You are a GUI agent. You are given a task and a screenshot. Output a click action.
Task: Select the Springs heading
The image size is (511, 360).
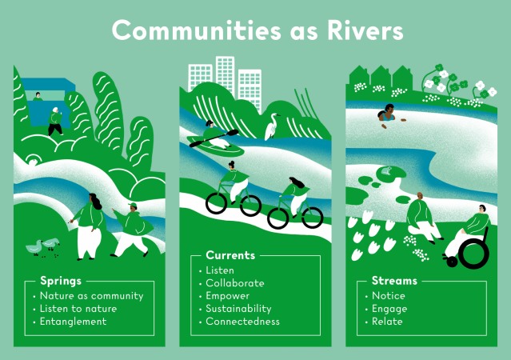point(62,281)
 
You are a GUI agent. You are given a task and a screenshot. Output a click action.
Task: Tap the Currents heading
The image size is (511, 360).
point(230,256)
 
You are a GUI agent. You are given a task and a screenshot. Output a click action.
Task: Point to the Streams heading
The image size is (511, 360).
point(394,281)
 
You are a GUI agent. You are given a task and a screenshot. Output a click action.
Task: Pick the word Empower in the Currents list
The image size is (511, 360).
point(229,295)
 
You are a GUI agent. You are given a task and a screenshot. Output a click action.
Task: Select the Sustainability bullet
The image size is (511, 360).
point(238,308)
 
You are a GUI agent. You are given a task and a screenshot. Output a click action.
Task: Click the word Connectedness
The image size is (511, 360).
point(242,322)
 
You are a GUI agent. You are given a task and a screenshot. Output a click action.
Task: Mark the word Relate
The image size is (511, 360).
point(387,322)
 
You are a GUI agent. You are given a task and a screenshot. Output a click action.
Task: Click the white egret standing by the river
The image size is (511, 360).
point(273,125)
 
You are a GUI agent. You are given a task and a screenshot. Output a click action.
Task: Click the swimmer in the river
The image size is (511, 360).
point(389,116)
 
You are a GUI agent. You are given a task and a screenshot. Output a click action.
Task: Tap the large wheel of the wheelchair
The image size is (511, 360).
point(473,253)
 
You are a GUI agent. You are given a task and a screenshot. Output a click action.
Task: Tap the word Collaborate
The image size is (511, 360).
point(234,282)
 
